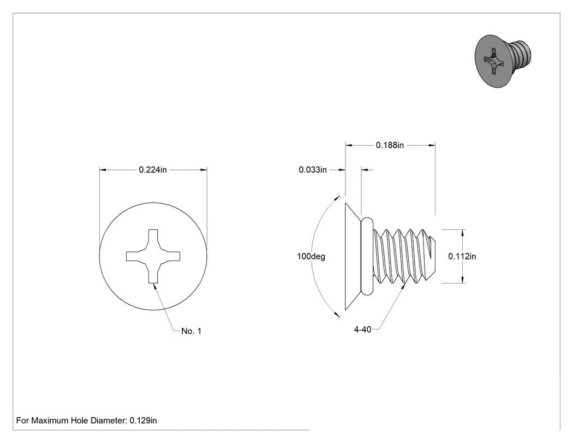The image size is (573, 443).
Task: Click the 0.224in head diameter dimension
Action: pos(153,170)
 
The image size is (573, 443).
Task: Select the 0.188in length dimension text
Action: pos(390,145)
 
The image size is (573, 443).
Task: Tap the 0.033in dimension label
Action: pos(313,170)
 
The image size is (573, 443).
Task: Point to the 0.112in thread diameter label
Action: pos(462,256)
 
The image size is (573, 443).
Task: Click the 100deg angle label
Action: pos(311,256)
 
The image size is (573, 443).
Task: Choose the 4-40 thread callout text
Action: pos(362,329)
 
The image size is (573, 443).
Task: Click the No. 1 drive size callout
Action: pos(191,331)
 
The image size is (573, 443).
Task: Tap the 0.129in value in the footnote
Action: pos(143,421)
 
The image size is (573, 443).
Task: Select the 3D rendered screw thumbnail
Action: pos(503,61)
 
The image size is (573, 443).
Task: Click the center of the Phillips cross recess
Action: pos(153,256)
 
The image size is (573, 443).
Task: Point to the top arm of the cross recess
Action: pos(153,238)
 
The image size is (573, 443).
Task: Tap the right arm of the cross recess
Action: pos(170,256)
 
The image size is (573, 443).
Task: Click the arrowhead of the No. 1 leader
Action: pos(155,287)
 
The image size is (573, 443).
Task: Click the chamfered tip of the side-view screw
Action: pos(432,256)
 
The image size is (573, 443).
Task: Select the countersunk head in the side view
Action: pos(354,256)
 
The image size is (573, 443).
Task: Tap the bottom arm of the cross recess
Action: pos(153,274)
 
